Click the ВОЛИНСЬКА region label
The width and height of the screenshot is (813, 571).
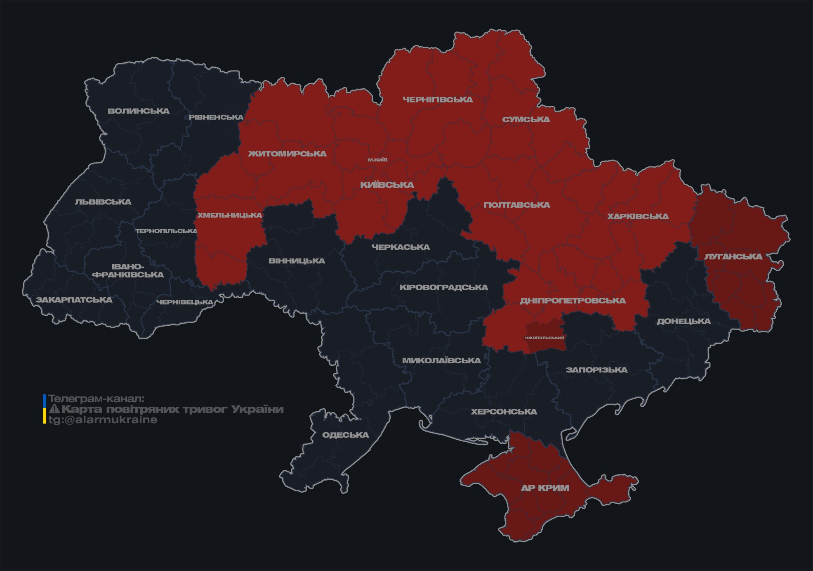click(x=139, y=111)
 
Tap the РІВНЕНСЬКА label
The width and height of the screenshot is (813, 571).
click(x=216, y=117)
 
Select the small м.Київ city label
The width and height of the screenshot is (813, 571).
click(x=378, y=160)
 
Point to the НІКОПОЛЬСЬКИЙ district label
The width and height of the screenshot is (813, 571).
click(x=544, y=338)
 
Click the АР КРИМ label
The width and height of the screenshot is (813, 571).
click(x=545, y=488)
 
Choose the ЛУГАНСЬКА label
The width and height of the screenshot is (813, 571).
click(x=733, y=256)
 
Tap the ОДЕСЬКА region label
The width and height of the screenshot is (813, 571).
click(x=345, y=435)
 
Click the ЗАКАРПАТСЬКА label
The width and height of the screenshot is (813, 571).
click(x=74, y=300)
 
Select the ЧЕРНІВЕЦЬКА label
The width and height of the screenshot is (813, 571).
click(x=184, y=302)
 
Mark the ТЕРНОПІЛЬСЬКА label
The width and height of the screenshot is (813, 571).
click(x=166, y=231)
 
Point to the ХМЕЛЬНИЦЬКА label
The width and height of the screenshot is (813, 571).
click(x=229, y=215)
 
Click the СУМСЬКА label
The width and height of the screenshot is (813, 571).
click(x=526, y=119)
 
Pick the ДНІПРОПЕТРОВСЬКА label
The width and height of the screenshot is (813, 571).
click(x=573, y=301)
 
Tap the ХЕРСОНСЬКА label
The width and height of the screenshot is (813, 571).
click(x=504, y=412)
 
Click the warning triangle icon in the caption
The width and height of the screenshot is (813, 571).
click(x=54, y=409)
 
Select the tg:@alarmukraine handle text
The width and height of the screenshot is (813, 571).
click(x=103, y=420)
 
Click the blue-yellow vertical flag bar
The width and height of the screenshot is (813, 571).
click(x=45, y=409)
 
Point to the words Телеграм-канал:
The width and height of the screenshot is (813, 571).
click(x=96, y=399)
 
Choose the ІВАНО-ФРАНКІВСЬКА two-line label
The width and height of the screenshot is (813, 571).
click(x=128, y=270)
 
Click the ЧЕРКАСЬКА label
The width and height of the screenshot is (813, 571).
click(x=401, y=247)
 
